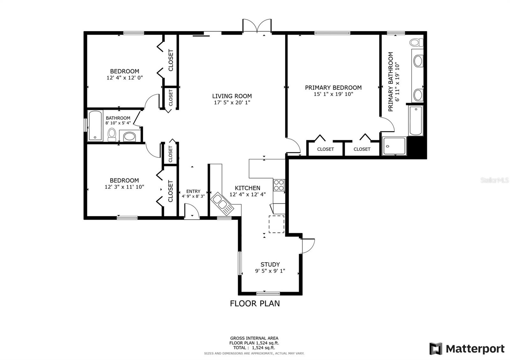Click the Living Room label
pos(232,96)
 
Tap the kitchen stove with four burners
pos(279,185)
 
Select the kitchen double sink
pos(222,203)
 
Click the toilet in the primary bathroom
pos(416,42)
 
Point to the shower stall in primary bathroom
pos(394,146)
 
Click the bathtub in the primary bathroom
pos(416,121)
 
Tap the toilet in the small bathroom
pos(112,134)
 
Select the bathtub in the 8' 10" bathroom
pos(95,126)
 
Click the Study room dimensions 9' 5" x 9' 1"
pos(270,271)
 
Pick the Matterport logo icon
pos(436,349)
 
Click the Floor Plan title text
pos(255,303)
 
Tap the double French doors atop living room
pos(257,26)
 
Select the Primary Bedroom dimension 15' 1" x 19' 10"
pos(333,94)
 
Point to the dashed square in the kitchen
pos(276,224)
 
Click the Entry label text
pos(193,191)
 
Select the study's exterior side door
pos(308,246)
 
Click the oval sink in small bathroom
pos(129,137)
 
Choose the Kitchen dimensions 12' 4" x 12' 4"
pos(248,194)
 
